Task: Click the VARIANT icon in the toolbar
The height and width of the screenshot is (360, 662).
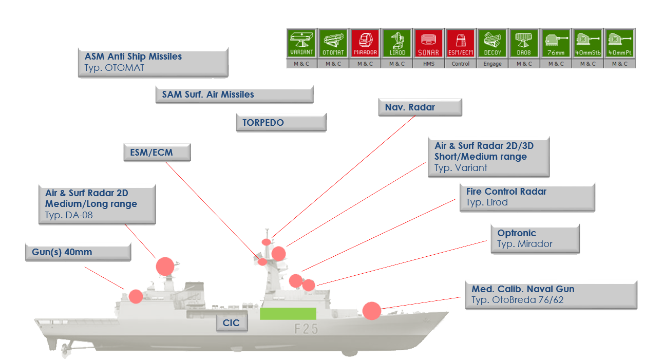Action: tap(301, 43)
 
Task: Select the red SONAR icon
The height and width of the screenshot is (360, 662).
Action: tap(428, 43)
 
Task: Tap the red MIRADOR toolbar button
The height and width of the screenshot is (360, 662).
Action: tap(365, 43)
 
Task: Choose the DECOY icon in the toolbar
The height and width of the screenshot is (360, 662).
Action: tap(492, 43)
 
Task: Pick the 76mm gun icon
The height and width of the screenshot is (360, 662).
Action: tap(556, 43)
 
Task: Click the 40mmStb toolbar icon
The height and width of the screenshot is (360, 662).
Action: tap(588, 43)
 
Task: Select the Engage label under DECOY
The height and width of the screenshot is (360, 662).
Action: tap(492, 64)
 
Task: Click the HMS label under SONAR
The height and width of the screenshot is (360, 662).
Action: tap(428, 64)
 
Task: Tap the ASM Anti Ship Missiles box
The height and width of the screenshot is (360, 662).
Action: tap(153, 62)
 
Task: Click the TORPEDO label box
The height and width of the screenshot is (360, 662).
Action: tap(280, 123)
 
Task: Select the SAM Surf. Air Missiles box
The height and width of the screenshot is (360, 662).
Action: tap(234, 94)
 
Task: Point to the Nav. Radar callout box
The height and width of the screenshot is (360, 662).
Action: tap(420, 107)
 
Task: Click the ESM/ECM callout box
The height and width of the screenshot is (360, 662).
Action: tap(157, 153)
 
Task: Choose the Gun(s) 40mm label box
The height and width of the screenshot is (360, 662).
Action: tap(78, 252)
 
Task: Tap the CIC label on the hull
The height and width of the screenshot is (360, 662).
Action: tap(232, 324)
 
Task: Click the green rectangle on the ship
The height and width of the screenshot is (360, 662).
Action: tap(288, 314)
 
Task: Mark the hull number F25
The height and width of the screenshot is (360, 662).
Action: tap(306, 329)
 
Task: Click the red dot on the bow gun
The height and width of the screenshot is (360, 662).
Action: tap(372, 311)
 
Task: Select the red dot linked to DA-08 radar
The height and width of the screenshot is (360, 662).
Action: tap(165, 266)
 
